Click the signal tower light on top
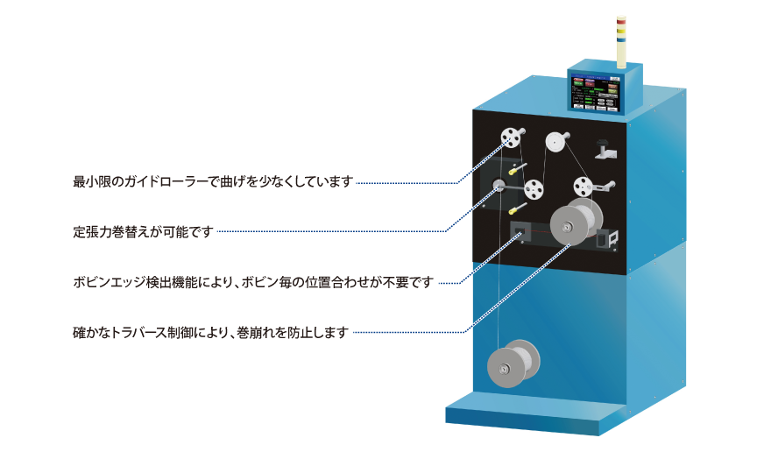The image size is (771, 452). (x=621, y=39)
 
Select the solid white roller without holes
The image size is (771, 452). (x=554, y=139)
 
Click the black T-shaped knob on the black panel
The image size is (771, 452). (x=605, y=147)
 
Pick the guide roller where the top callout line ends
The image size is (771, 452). (x=509, y=139)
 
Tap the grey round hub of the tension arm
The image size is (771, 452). (x=498, y=186)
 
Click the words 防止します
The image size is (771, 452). (x=319, y=333)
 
